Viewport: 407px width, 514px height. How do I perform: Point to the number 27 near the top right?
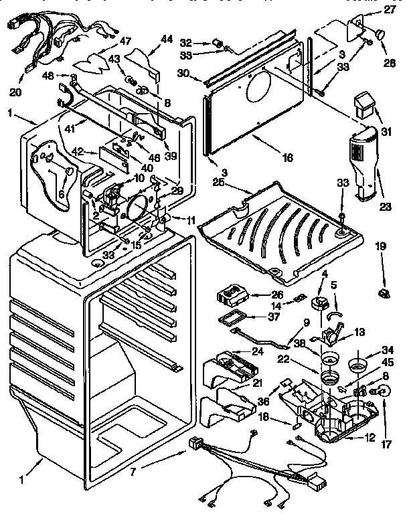pyautogui.click(x=390, y=10)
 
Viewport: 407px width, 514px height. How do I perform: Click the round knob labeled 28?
pyautogui.click(x=380, y=33)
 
